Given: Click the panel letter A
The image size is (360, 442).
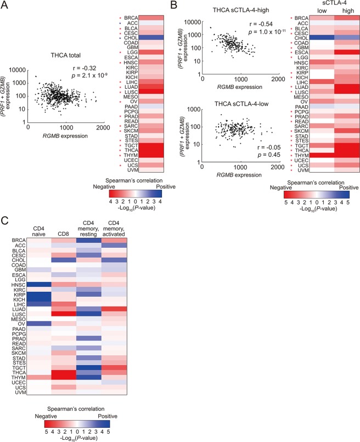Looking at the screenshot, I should tap(5, 6).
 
